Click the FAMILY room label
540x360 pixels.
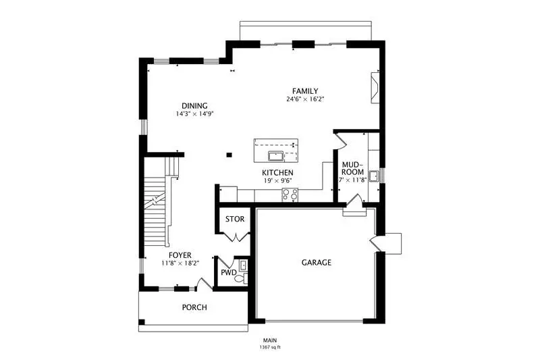[305, 91]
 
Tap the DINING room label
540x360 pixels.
[194, 106]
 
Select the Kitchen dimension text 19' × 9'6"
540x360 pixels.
[277, 180]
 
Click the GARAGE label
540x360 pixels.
[317, 263]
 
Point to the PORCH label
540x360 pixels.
[194, 307]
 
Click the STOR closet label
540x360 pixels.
[235, 219]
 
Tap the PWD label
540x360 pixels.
[229, 273]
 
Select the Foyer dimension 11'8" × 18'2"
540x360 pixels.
[180, 263]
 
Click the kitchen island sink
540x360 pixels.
[275, 156]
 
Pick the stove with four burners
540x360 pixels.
[290, 195]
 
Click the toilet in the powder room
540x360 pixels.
[242, 278]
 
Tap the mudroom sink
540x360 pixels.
[373, 176]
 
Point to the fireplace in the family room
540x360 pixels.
[375, 88]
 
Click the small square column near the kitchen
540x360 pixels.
[229, 155]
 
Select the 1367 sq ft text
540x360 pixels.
[270, 347]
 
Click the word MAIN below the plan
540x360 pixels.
[270, 340]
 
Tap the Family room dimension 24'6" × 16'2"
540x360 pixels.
[305, 99]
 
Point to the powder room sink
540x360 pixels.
[243, 265]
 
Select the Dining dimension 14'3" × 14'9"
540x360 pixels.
[195, 113]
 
